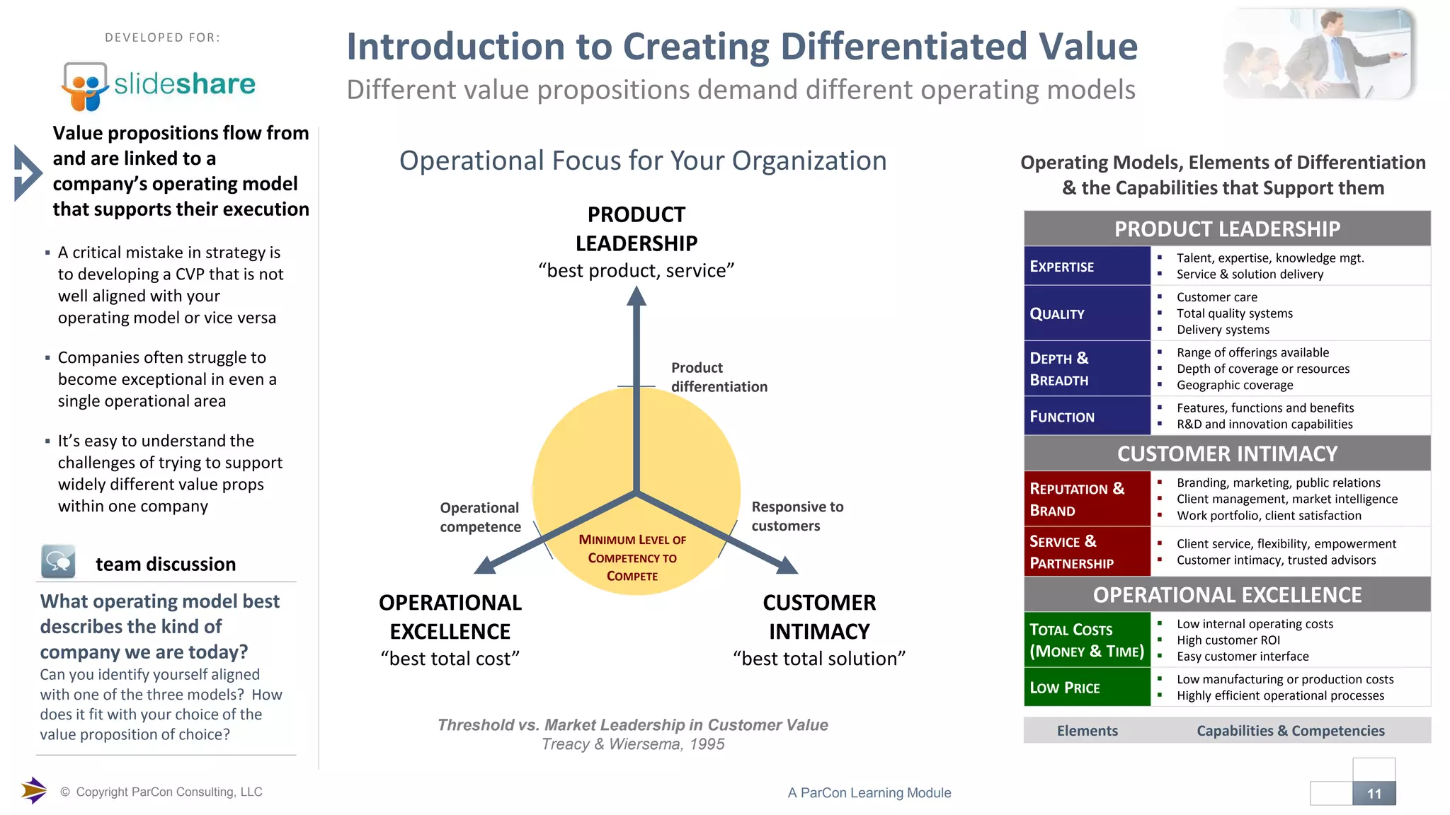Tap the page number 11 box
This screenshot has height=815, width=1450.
tap(1374, 793)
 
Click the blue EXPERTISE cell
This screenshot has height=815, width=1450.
tap(1086, 266)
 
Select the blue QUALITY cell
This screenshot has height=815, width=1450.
tap(1086, 313)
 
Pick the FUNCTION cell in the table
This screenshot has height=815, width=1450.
tap(1086, 416)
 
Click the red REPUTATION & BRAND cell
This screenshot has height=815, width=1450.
tap(1086, 499)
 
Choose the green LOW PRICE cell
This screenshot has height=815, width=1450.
tap(1086, 687)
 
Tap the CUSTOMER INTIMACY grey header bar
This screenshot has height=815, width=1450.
tap(1226, 453)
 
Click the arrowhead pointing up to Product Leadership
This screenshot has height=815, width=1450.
tap(636, 296)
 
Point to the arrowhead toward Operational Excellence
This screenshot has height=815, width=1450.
tap(486, 565)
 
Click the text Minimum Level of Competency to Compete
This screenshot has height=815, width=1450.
tap(632, 557)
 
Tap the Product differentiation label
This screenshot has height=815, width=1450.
tap(719, 377)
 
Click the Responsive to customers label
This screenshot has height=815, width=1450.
tap(797, 516)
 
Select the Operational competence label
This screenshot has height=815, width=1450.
tap(480, 517)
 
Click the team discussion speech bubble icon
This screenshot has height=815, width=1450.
tap(58, 562)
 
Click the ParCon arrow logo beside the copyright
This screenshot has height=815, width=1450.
tap(33, 790)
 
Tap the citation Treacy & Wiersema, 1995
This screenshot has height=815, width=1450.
tap(632, 744)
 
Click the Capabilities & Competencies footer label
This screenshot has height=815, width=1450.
tap(1290, 731)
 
